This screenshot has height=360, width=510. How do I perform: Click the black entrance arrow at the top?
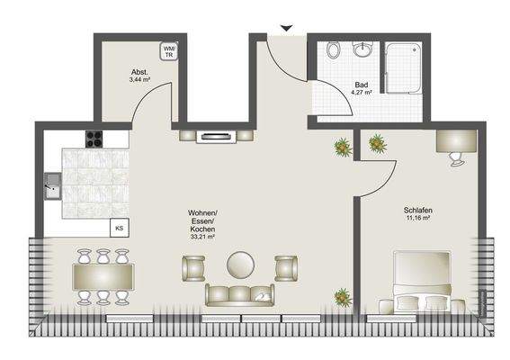[x=286, y=29]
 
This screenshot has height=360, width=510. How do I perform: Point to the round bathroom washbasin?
[x=364, y=49]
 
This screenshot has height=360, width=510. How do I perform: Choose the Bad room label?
[x=362, y=87]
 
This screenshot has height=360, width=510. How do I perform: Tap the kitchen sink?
[x=51, y=191]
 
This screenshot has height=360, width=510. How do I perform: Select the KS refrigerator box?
[x=119, y=229]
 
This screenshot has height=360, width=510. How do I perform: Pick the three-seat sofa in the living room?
[x=238, y=293]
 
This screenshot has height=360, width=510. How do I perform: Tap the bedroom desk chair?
[x=457, y=160]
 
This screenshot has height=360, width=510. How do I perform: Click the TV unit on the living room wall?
[x=216, y=136]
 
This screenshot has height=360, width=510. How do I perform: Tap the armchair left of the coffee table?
[x=193, y=266]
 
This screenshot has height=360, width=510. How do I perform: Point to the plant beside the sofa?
[x=342, y=295]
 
